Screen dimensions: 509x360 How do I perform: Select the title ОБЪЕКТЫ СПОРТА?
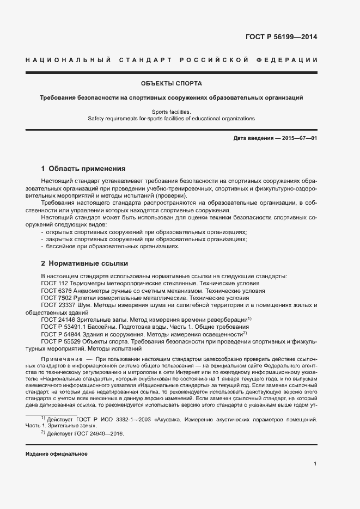(x=172, y=84)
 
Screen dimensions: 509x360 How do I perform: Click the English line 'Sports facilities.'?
(x=172, y=111)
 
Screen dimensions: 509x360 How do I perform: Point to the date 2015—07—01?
(x=300, y=138)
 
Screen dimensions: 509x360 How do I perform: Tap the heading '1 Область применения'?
(x=83, y=168)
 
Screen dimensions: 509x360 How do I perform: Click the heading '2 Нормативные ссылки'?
(x=84, y=263)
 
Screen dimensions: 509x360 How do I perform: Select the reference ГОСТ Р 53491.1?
(x=63, y=327)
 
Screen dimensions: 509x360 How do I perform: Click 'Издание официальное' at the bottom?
(x=56, y=453)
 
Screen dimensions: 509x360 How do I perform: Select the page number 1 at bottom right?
(x=315, y=464)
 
